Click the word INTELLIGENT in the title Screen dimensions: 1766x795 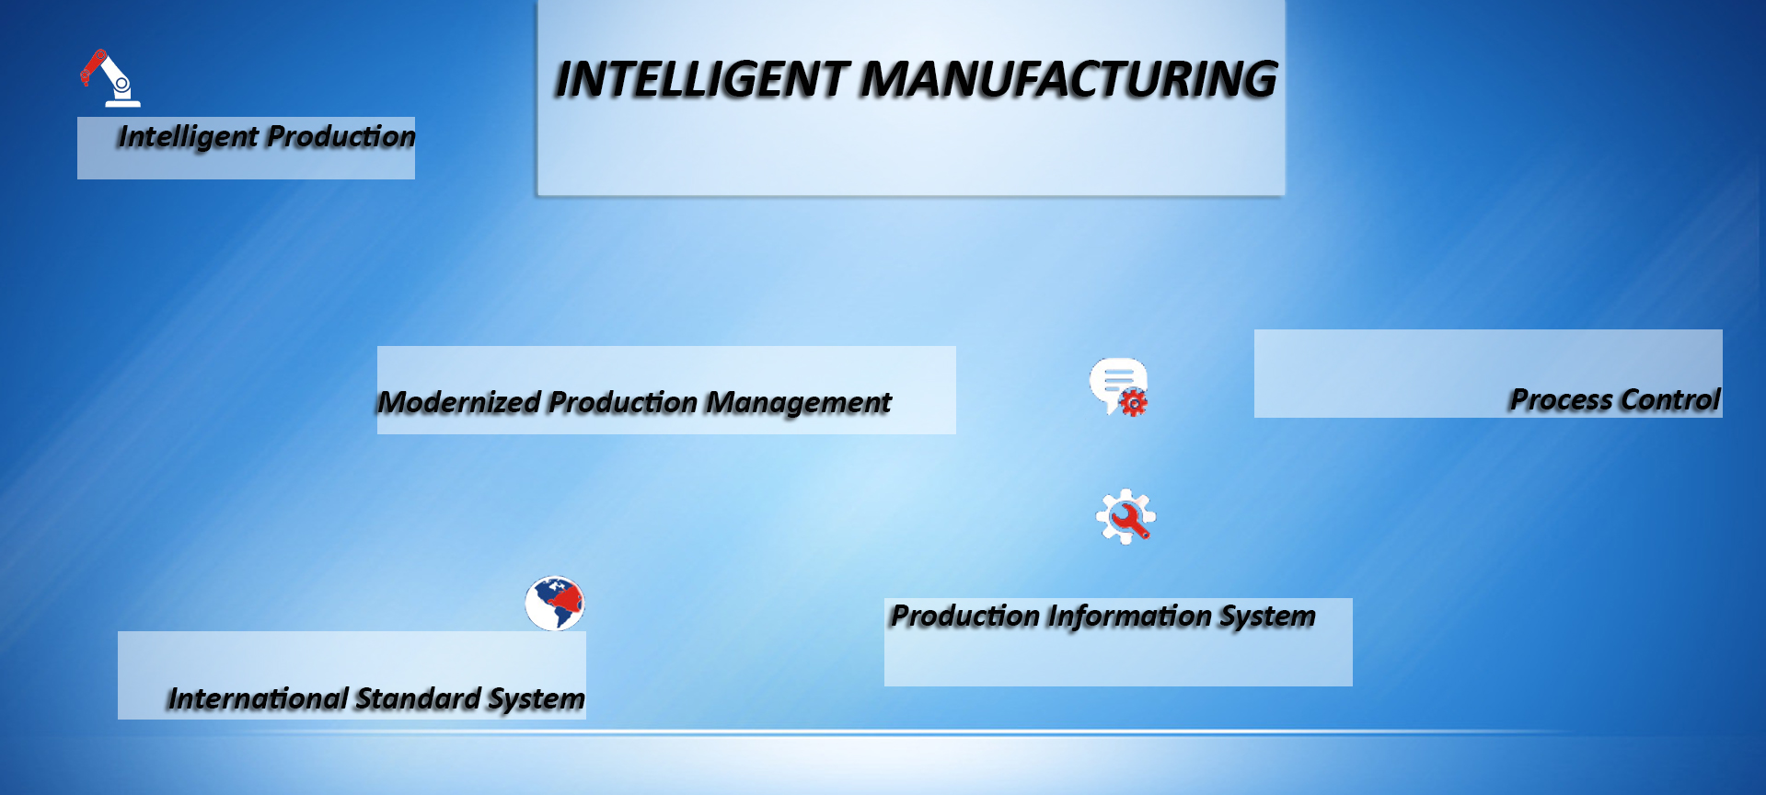[x=701, y=79]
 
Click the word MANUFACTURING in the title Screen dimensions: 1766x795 [x=1068, y=79]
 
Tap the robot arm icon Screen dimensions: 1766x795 [x=110, y=78]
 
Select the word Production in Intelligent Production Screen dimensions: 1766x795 [x=342, y=136]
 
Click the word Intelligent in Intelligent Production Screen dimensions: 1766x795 [x=189, y=138]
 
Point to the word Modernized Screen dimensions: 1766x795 [x=459, y=402]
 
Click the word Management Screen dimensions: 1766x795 [x=799, y=404]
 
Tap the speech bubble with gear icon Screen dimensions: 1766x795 [x=1119, y=387]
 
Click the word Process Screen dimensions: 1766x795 [x=1561, y=400]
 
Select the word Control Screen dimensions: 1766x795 [x=1669, y=400]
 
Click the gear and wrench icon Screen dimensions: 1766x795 [x=1125, y=517]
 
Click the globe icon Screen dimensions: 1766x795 [x=555, y=604]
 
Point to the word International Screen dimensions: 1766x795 [x=259, y=699]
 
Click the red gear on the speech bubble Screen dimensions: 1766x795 [x=1134, y=402]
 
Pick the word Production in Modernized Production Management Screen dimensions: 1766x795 [x=623, y=402]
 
